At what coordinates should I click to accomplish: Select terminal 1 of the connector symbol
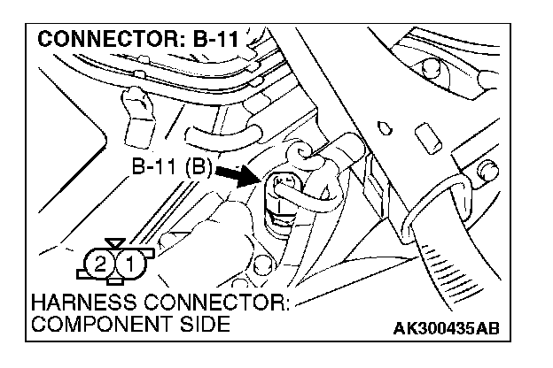tap(129, 263)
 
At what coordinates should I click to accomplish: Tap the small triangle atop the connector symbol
tap(113, 241)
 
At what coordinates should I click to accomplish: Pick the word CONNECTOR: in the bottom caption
tap(213, 303)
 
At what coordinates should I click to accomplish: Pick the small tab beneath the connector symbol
tap(115, 281)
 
